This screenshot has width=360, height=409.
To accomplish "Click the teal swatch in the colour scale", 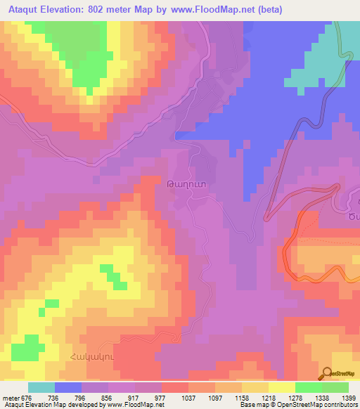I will [x=41, y=387].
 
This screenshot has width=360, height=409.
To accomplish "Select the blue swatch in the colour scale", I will [x=68, y=387].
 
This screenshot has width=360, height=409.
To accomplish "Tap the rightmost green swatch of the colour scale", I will [x=335, y=387].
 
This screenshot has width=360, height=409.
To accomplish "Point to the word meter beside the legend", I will [x=12, y=397].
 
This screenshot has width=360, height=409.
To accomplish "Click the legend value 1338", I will [x=308, y=397].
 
